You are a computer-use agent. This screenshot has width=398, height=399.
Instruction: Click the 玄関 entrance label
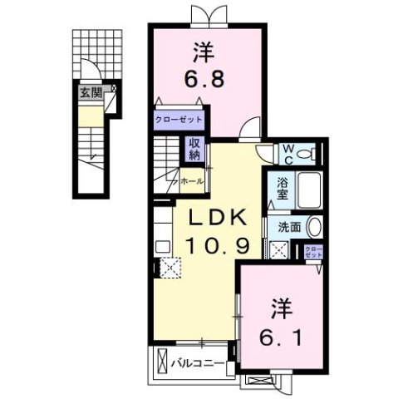point(91,93)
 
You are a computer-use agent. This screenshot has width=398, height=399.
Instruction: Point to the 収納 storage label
point(194,150)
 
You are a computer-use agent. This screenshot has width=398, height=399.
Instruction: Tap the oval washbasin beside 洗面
point(314,226)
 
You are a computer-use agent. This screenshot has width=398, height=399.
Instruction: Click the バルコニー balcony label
point(196,362)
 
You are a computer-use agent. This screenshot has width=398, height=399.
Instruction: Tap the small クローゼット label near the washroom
point(312,252)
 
